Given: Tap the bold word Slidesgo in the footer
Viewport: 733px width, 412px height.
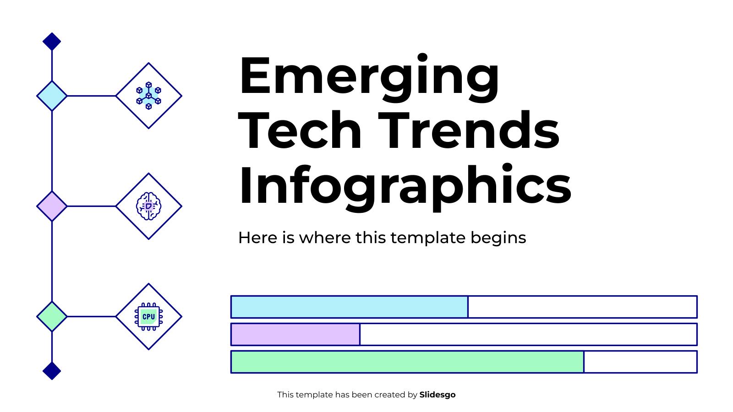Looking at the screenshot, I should [x=437, y=395].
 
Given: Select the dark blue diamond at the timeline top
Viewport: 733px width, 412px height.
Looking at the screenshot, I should [x=52, y=42].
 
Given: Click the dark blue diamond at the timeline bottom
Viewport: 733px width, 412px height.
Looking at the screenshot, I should [x=52, y=370].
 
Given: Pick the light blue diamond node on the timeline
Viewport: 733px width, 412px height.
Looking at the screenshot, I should [x=52, y=96].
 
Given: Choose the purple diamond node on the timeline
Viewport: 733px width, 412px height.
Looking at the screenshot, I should [x=52, y=206].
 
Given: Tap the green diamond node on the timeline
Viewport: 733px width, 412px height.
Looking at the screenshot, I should [x=52, y=316].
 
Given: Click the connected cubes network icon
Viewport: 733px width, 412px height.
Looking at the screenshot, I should [x=148, y=96].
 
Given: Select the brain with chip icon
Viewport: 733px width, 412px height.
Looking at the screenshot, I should [x=148, y=206].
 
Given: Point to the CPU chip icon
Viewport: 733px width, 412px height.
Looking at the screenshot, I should [x=148, y=316].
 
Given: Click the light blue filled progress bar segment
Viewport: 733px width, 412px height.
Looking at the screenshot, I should [x=349, y=307].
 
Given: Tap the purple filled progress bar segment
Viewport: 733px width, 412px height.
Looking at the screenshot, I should [x=295, y=334].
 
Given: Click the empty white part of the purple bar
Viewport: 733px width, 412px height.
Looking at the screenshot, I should [x=528, y=334].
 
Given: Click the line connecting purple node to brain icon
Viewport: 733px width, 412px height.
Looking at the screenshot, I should [x=92, y=206].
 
